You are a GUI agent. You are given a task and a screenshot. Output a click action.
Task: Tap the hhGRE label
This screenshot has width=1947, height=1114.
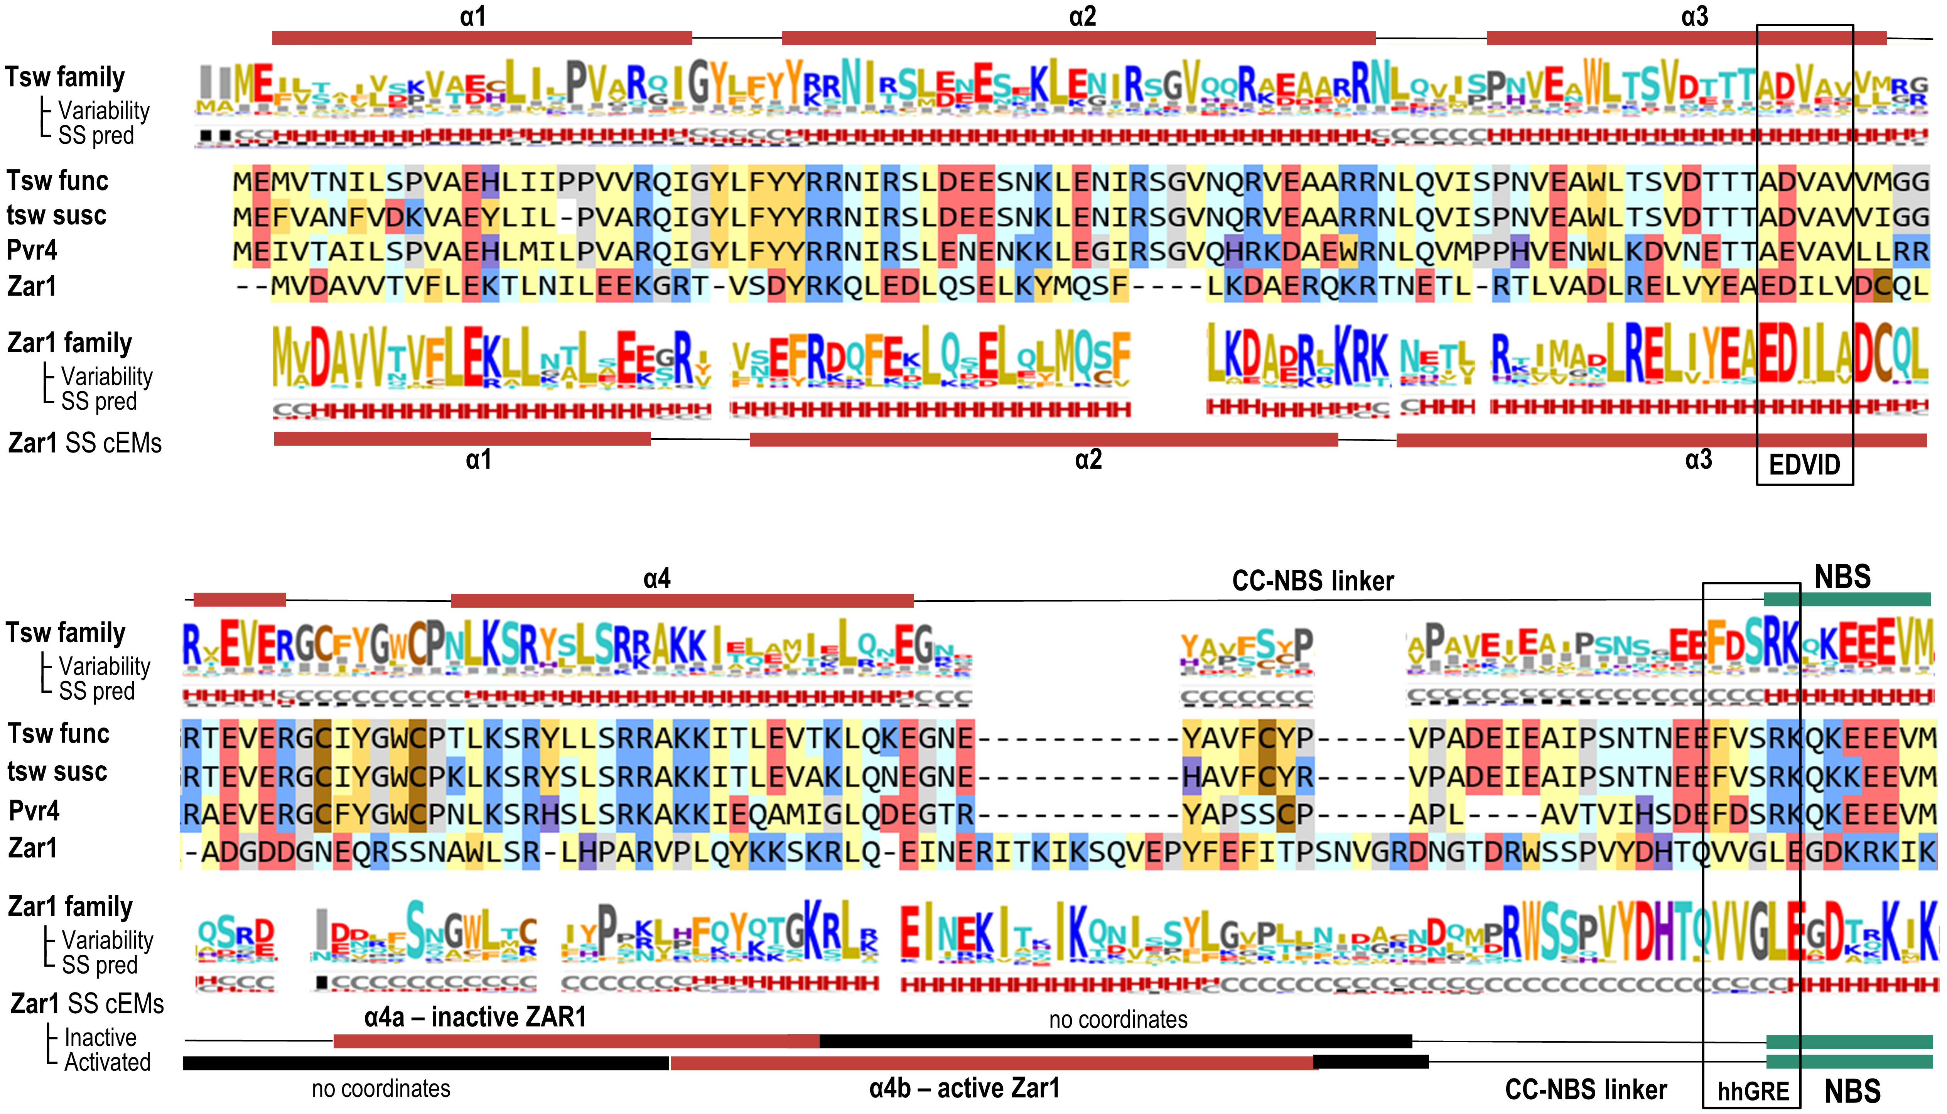pos(1753,1090)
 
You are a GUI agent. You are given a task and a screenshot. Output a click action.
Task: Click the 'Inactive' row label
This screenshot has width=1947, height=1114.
pos(100,1038)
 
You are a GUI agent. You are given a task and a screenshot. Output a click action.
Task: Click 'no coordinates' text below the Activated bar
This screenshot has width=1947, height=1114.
pos(381,1088)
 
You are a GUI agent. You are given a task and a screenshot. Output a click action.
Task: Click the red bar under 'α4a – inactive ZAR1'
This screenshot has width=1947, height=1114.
pos(575,1041)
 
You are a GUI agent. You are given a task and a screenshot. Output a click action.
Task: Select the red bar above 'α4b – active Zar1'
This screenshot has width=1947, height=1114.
pos(992,1062)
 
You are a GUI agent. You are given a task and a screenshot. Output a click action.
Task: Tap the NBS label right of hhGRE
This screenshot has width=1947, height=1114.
pos(1852,1090)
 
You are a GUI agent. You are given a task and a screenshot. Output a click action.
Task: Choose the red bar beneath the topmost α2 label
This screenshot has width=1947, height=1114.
pos(1078,38)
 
